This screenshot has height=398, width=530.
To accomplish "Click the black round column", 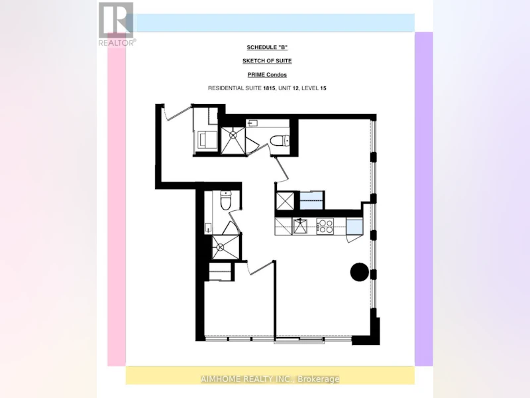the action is (x=359, y=272).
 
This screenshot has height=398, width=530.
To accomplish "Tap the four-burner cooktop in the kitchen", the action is (x=325, y=226).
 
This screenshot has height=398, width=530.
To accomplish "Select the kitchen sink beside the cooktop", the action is (x=300, y=226).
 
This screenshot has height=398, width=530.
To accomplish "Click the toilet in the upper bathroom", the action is (x=280, y=141).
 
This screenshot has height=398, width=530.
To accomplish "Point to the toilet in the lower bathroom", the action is (x=225, y=201).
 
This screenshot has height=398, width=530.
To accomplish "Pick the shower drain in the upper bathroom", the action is (x=233, y=135).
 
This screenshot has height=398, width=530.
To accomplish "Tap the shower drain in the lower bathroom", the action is (x=221, y=247).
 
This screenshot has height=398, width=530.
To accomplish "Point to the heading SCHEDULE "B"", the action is (x=267, y=47).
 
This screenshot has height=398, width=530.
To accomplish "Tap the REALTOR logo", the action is (x=117, y=25).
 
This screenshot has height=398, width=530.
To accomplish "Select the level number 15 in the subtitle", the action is (x=323, y=88).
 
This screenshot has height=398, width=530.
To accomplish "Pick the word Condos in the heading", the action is (x=277, y=75).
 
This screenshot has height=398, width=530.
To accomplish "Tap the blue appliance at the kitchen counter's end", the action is (x=354, y=227).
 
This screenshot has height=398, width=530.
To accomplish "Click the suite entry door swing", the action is (x=177, y=112).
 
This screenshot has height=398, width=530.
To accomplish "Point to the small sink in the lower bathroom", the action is (x=208, y=228).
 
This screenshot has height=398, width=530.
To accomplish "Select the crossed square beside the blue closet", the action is (x=286, y=201).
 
